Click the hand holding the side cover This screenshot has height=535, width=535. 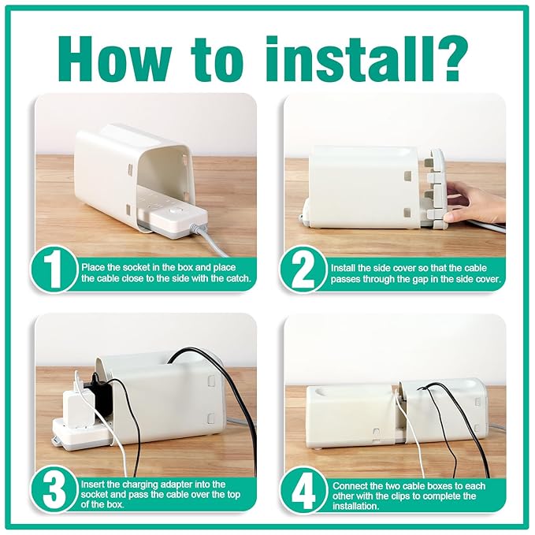[473, 201]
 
